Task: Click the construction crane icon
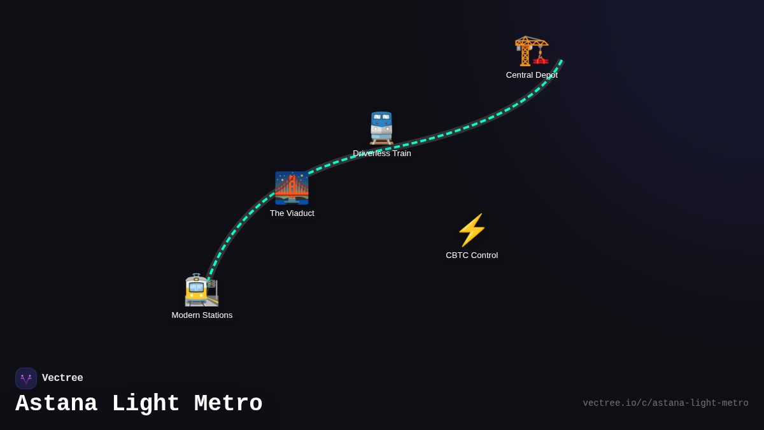532,50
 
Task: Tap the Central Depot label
532,75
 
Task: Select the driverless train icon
381,128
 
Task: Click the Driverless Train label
382,154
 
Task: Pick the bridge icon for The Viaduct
292,188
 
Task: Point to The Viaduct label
292,213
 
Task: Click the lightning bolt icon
472,230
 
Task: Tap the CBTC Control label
472,255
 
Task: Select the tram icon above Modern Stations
201,290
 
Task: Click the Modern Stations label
202,315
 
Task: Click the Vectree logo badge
26,378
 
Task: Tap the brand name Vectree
62,378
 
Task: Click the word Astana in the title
56,404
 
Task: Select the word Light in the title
145,404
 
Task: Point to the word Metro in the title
228,404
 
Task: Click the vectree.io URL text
665,403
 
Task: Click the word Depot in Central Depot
546,75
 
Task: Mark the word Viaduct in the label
300,213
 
